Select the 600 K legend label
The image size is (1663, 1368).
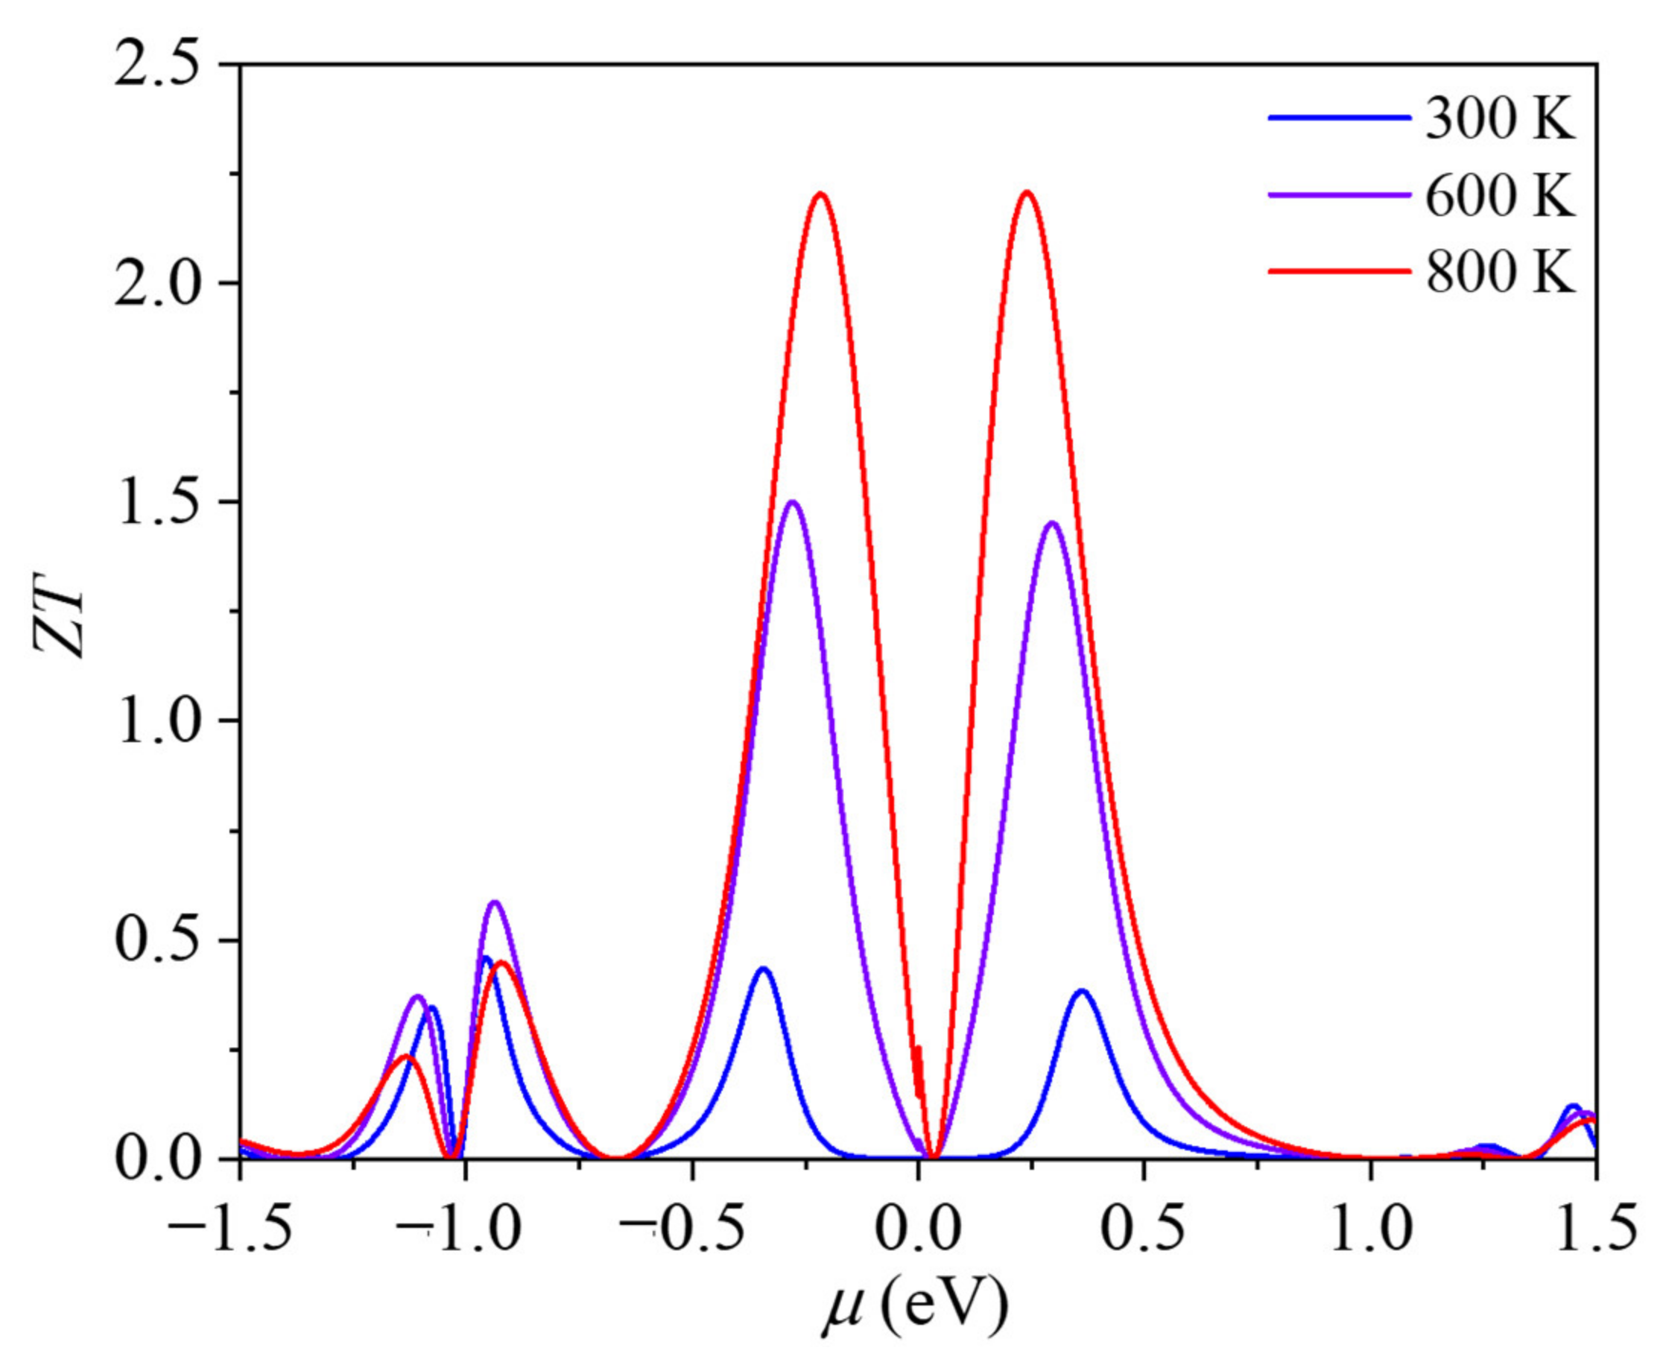(x=1500, y=197)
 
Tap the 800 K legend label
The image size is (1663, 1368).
(x=1500, y=273)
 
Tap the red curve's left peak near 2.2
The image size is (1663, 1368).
(x=821, y=194)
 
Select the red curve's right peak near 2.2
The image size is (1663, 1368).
(x=1027, y=192)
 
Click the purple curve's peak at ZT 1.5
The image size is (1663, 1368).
(x=793, y=502)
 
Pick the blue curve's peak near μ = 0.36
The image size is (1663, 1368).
(x=1083, y=991)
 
